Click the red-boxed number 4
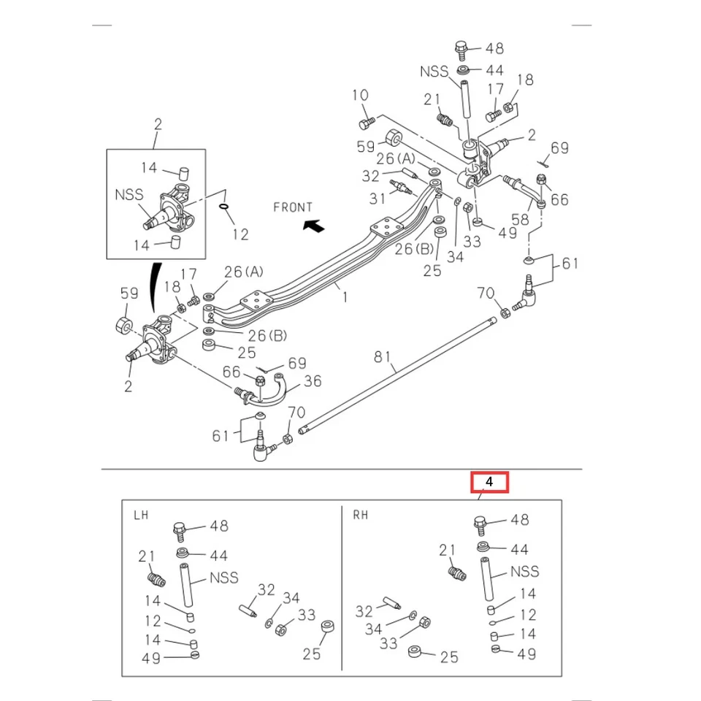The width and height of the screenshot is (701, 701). click(489, 482)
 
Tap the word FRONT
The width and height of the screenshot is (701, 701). click(292, 207)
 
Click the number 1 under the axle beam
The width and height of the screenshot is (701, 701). click(344, 297)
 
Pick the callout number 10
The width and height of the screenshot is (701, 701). click(360, 96)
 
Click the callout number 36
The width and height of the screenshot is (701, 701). click(313, 381)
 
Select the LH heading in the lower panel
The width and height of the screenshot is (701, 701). click(141, 515)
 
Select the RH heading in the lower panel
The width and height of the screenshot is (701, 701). click(361, 515)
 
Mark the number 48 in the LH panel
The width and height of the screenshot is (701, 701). click(219, 526)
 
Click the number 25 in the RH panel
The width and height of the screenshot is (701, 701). click(449, 657)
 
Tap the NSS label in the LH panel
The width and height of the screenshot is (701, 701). click(223, 578)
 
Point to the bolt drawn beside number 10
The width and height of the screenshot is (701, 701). click(367, 119)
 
